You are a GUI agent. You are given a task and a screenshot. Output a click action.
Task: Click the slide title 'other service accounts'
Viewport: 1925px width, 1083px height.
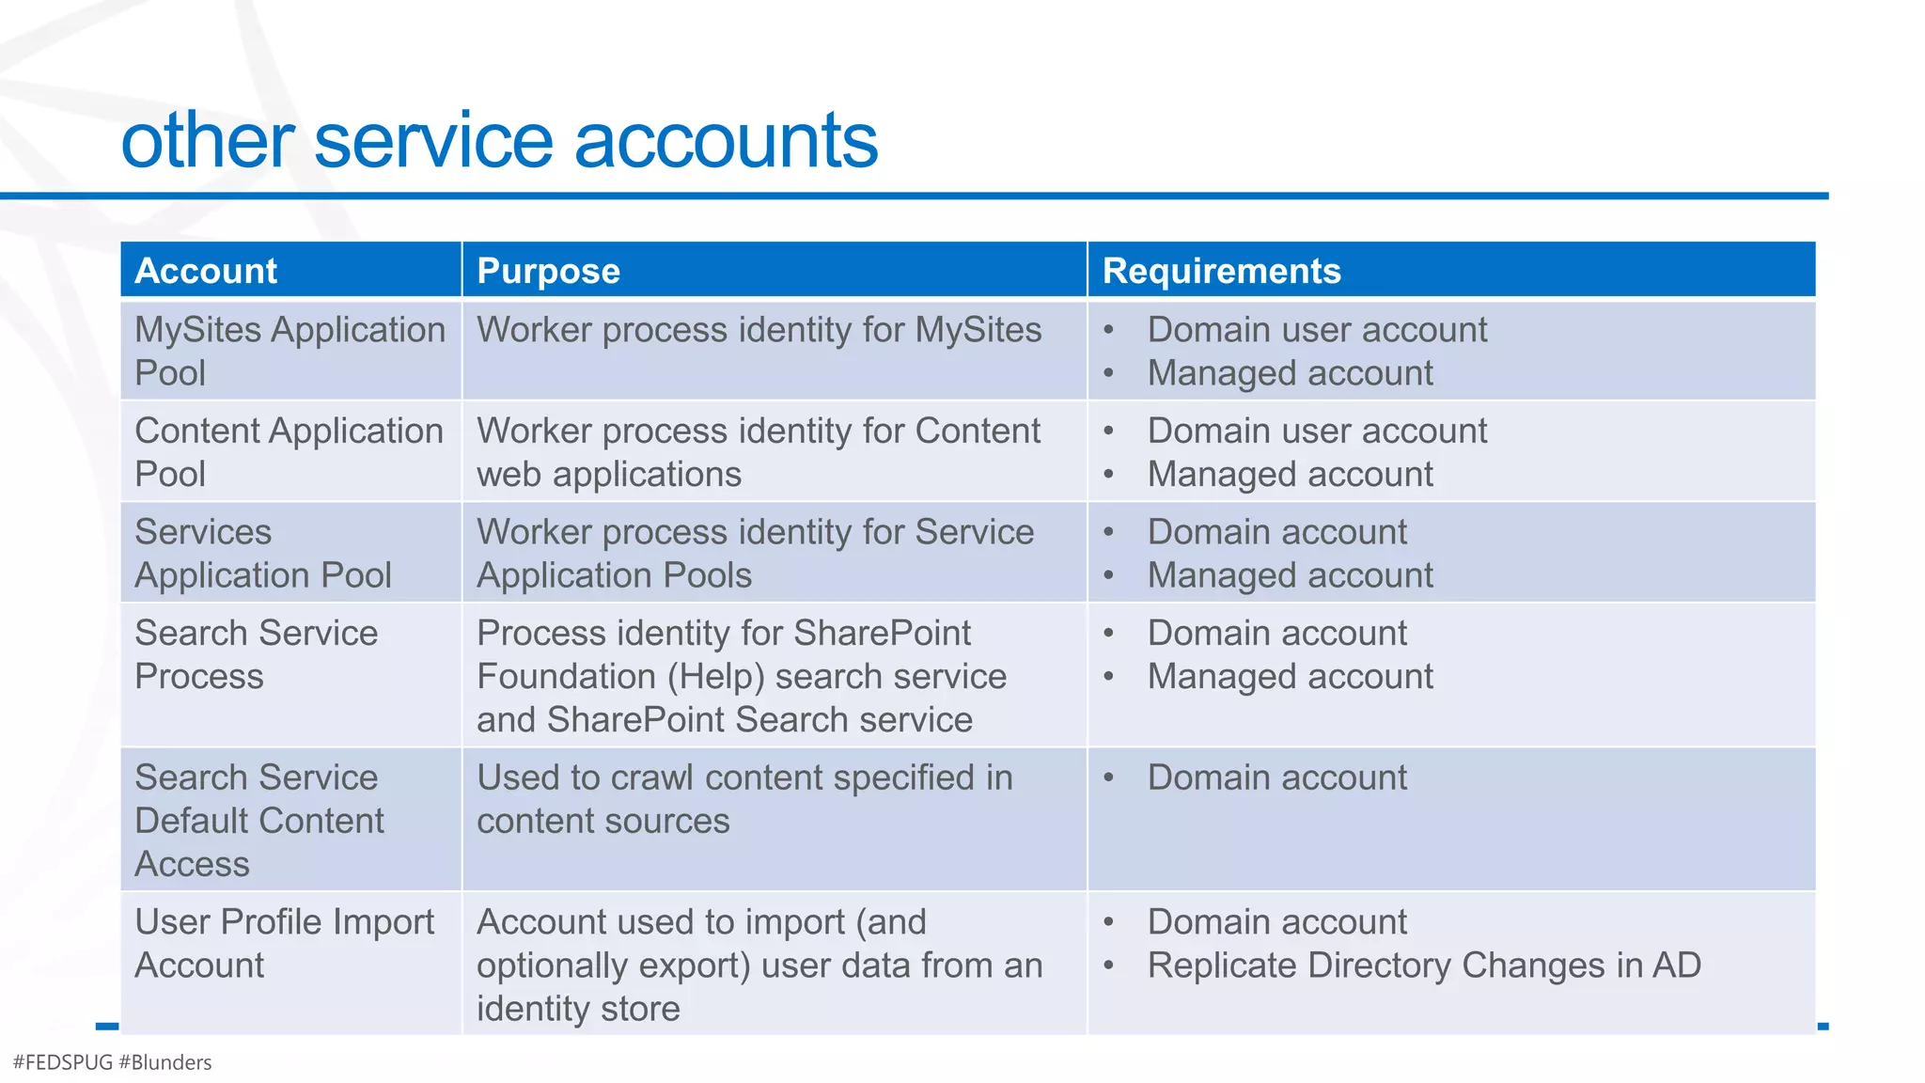(x=499, y=141)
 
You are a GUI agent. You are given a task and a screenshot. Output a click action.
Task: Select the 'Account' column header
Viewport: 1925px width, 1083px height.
(x=206, y=271)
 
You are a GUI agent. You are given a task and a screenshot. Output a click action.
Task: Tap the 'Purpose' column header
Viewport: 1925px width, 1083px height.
(x=548, y=271)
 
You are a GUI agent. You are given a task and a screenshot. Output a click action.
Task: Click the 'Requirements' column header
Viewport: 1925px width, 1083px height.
(x=1221, y=271)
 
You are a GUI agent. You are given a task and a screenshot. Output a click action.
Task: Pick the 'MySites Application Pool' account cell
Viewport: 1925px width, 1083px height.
(x=290, y=351)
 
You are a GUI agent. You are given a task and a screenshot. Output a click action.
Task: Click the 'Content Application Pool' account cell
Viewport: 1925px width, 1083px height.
(x=289, y=451)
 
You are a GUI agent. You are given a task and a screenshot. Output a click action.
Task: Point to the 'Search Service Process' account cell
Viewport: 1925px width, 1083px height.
(x=256, y=654)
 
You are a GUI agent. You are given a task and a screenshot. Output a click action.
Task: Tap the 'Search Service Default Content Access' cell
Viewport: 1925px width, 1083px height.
(x=258, y=820)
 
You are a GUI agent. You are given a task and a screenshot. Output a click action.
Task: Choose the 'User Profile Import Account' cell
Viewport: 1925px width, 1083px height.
(x=284, y=943)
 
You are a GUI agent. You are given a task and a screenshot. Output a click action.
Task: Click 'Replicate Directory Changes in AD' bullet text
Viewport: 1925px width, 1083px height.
(x=1423, y=965)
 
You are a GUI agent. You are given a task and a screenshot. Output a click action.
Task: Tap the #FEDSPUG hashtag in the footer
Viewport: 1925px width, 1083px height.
(x=63, y=1062)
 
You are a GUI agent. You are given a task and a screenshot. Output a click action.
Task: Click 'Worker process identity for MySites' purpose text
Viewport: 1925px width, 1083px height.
(x=759, y=330)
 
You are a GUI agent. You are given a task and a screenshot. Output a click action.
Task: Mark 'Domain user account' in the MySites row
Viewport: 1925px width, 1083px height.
(x=1317, y=330)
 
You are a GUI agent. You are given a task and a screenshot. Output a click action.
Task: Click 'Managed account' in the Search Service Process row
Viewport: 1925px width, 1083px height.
(x=1290, y=677)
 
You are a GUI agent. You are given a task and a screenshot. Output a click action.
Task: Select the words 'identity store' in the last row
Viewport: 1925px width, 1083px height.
(x=578, y=1009)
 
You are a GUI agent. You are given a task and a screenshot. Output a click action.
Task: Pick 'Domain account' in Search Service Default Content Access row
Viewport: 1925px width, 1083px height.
(x=1276, y=778)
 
